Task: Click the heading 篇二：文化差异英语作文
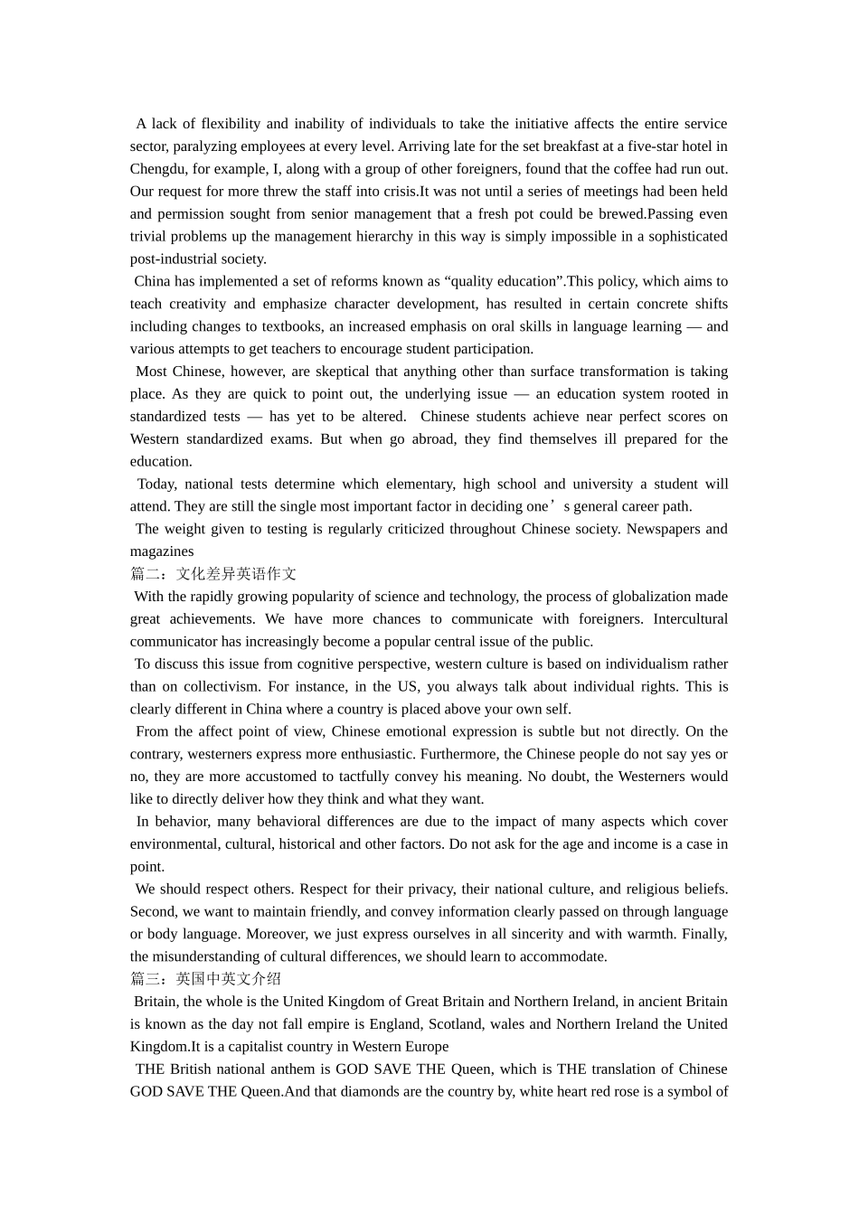click(x=213, y=574)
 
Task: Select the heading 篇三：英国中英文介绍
click(x=205, y=979)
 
